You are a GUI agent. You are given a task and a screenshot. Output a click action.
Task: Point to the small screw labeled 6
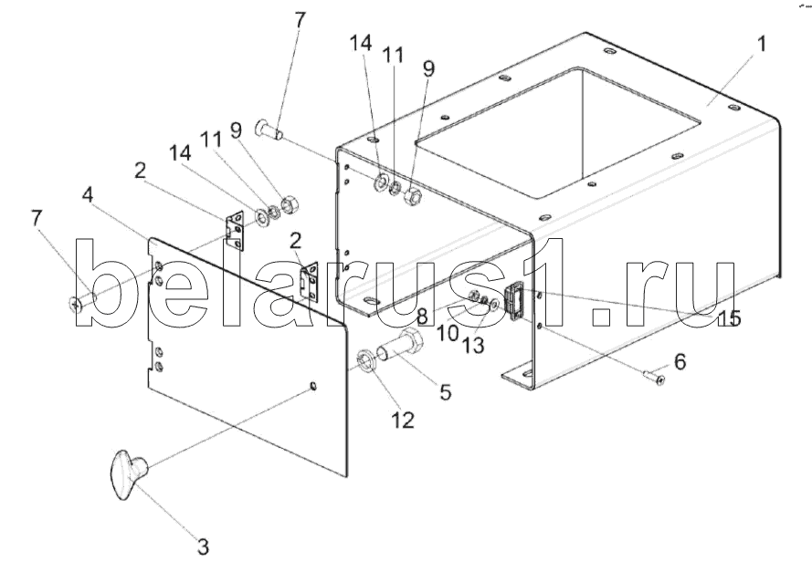tap(653, 374)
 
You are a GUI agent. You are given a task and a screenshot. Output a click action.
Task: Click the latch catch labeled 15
tap(514, 300)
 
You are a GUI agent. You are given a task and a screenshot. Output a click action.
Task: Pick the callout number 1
tap(762, 45)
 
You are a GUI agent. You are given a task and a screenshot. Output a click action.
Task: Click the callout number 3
tap(203, 547)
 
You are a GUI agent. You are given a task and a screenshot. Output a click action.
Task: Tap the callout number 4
tap(88, 194)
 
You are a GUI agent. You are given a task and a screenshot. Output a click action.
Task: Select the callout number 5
tap(445, 392)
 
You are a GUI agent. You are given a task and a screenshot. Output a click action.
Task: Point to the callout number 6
tap(678, 361)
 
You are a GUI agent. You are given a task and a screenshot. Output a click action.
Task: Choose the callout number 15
tap(729, 319)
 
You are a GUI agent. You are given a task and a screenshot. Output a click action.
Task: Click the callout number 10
tap(447, 334)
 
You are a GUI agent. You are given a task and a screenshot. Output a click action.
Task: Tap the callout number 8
tap(422, 317)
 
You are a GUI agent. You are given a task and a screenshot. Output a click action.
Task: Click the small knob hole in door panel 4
tap(313, 386)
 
